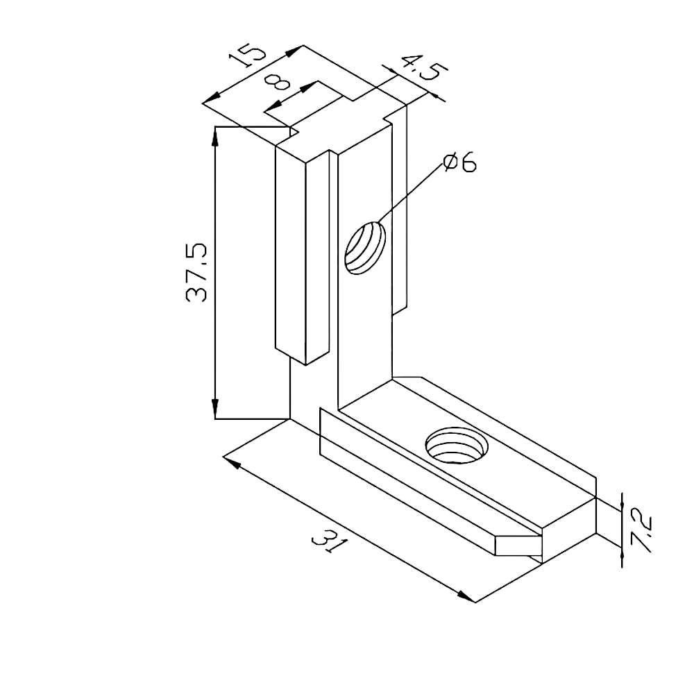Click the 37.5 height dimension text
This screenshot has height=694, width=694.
196,273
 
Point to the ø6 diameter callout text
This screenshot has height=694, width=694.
459,163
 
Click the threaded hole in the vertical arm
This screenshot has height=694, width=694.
365,248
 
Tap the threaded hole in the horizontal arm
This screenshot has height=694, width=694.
457,446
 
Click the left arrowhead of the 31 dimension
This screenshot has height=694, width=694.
232,462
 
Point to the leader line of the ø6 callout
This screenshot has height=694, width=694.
411,192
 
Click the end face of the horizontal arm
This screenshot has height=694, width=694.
569,516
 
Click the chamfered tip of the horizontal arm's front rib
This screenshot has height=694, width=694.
517,544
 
